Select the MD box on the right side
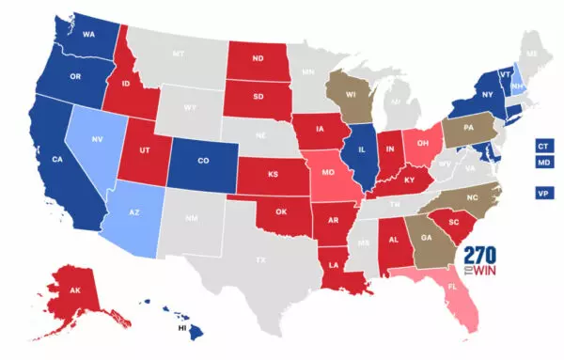pyautogui.click(x=542, y=165)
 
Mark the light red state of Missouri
pyautogui.click(x=329, y=175)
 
